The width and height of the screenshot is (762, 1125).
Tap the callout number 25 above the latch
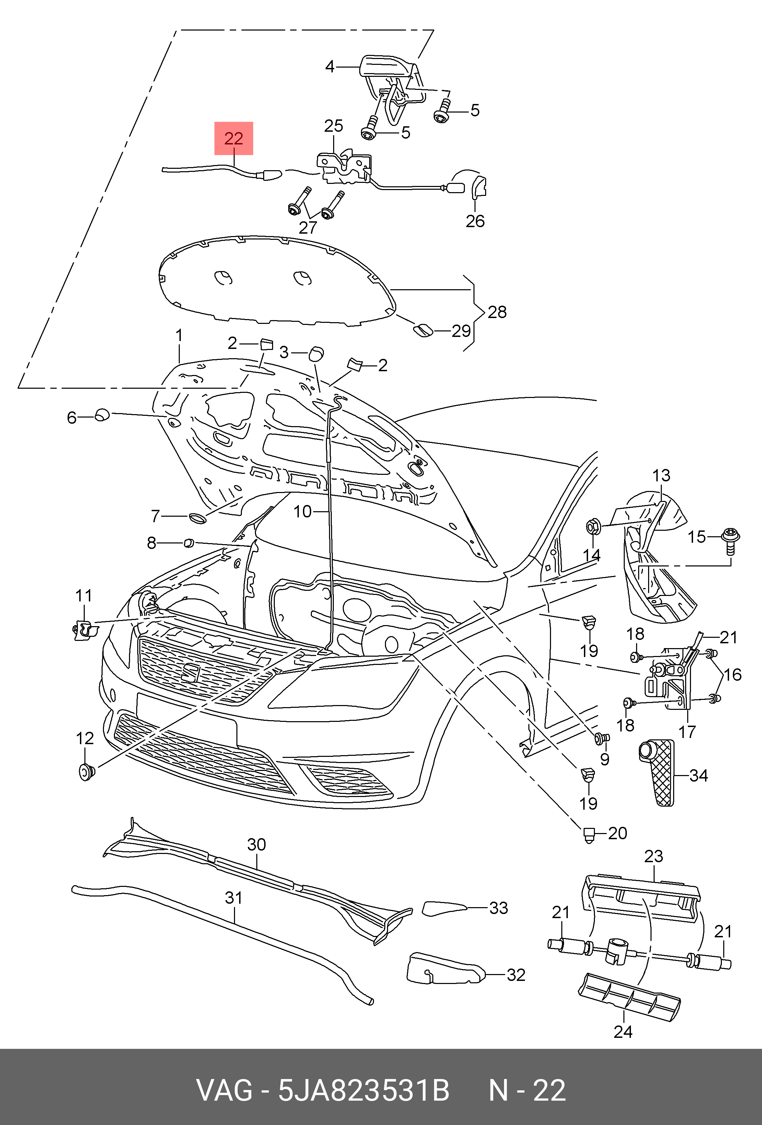(x=333, y=126)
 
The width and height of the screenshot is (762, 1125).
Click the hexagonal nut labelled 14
(x=593, y=527)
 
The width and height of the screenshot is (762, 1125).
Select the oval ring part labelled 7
(x=197, y=518)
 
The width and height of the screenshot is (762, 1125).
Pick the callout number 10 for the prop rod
(x=303, y=511)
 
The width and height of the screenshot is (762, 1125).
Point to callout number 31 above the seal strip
(x=234, y=898)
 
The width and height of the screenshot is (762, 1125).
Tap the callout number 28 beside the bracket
(x=497, y=312)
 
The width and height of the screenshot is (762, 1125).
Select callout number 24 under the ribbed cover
(x=623, y=1032)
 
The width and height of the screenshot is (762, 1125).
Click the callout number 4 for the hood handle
(x=330, y=66)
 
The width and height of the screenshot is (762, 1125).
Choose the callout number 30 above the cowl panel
(x=257, y=845)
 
